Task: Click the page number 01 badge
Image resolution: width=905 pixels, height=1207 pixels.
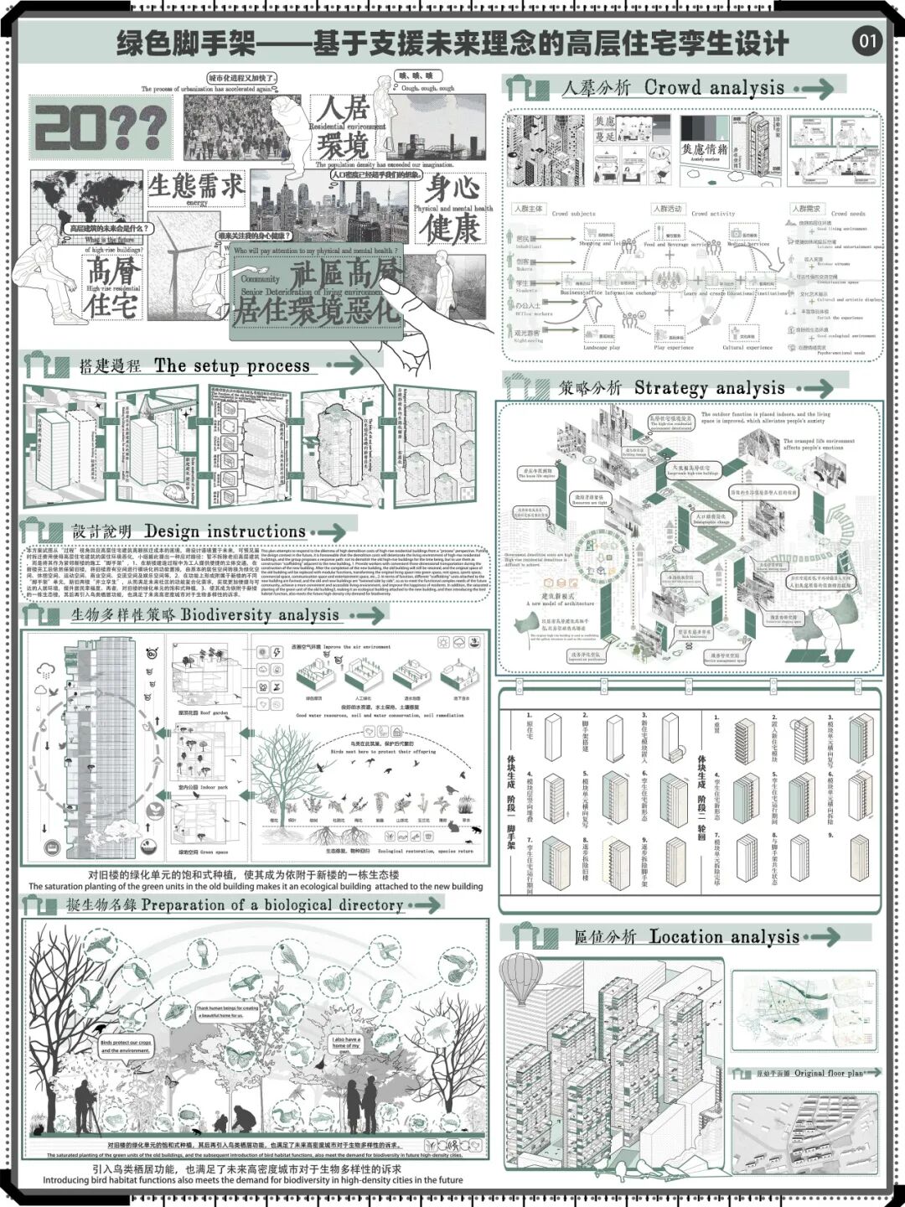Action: [867, 40]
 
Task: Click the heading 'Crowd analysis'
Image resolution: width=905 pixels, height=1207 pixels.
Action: [714, 87]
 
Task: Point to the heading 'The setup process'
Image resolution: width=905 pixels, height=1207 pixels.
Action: [232, 365]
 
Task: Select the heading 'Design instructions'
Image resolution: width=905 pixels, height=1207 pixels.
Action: [225, 531]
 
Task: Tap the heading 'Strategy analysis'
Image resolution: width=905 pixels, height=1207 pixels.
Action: [709, 387]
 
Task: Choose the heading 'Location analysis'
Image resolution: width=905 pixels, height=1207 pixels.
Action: [724, 936]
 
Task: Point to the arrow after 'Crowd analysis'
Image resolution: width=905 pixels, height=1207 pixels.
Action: [814, 88]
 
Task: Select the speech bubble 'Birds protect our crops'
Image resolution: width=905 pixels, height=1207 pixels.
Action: [126, 1045]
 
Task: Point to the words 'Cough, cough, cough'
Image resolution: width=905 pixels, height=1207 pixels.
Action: [427, 88]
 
